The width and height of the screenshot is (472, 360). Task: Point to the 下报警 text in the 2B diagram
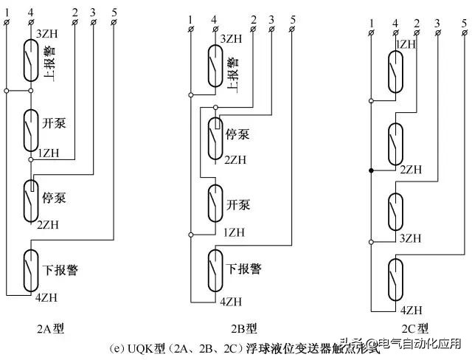click(x=244, y=268)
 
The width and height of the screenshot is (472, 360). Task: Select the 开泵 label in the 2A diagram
click(x=54, y=122)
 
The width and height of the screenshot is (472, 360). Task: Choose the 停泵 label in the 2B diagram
click(x=236, y=136)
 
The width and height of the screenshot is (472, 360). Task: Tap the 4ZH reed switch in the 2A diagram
click(x=31, y=271)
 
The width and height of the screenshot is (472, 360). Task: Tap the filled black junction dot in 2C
click(x=370, y=171)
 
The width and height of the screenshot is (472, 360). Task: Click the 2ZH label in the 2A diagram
click(x=48, y=224)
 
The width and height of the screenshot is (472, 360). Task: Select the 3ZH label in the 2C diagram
click(x=409, y=238)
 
